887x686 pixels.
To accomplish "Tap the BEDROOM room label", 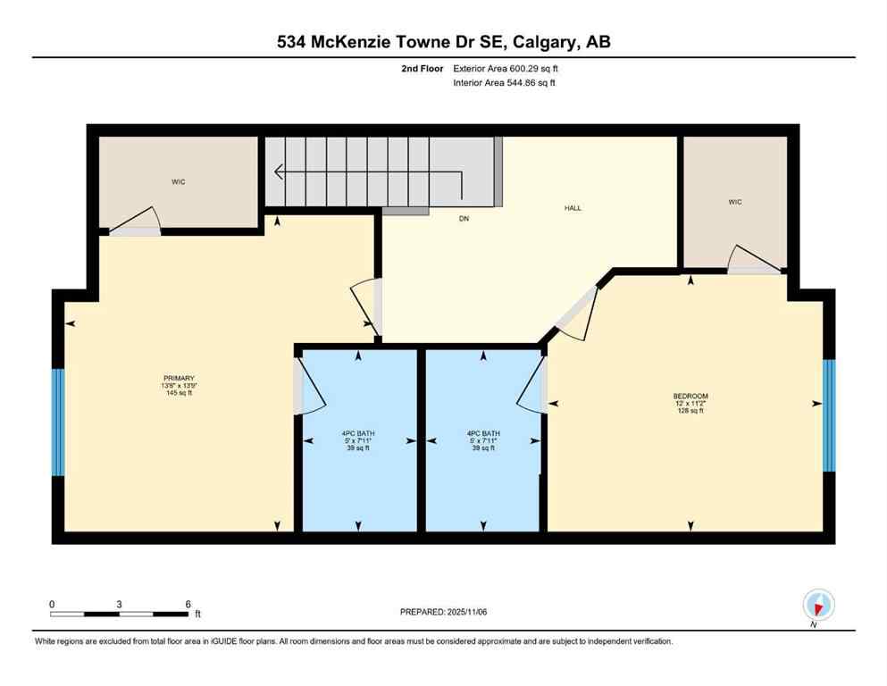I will click(x=690, y=396).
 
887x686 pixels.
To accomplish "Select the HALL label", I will click(x=573, y=208).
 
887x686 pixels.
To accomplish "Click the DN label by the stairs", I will click(x=464, y=218).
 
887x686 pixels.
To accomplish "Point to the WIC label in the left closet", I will click(x=179, y=182).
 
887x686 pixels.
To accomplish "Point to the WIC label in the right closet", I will click(x=734, y=202).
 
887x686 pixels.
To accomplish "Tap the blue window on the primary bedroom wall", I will click(x=58, y=422).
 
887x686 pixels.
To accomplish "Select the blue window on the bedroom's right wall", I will click(x=828, y=415).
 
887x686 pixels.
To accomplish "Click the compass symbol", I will click(x=818, y=605).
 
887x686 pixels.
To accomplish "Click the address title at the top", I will click(x=443, y=42).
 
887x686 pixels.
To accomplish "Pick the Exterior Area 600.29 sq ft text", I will click(x=506, y=69).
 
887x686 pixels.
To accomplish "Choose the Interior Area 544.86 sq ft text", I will click(x=505, y=83).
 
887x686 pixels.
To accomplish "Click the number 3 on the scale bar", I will click(x=120, y=604).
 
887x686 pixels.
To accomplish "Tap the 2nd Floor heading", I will click(x=424, y=69).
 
